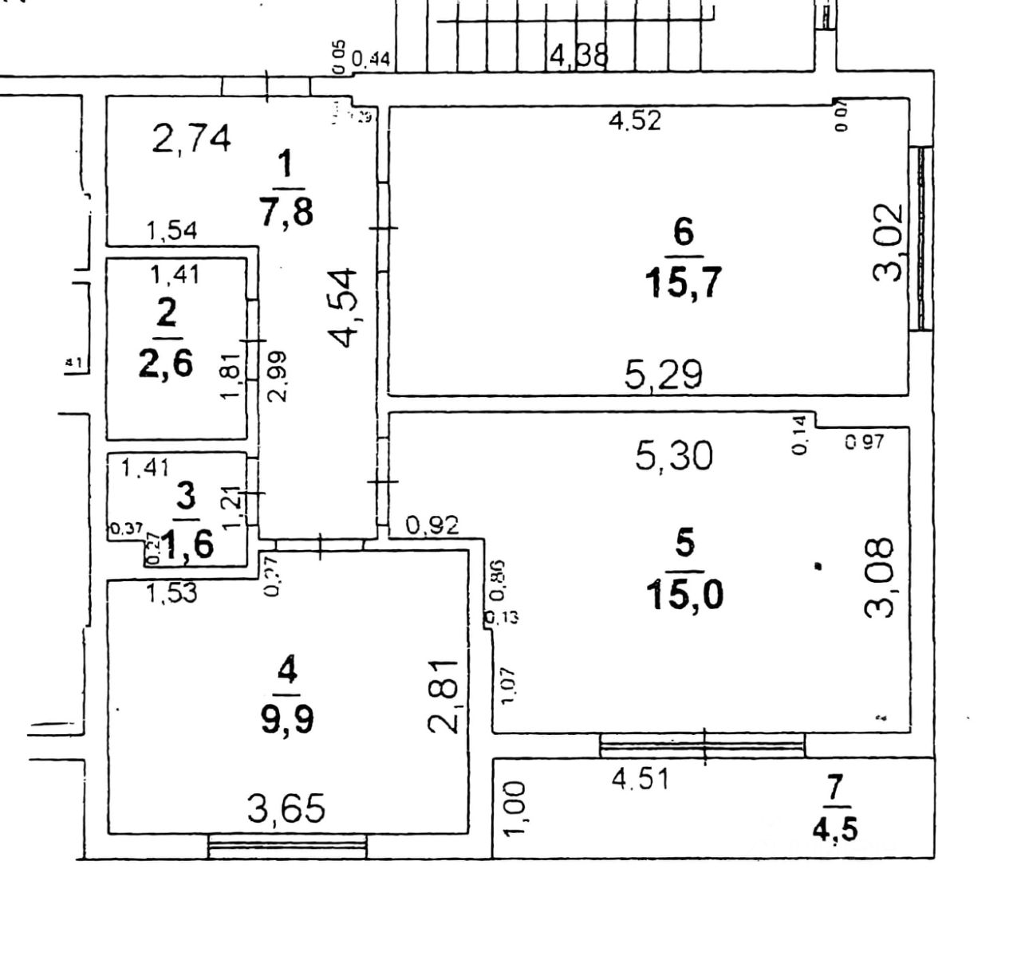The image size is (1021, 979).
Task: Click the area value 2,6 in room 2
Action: tap(165, 364)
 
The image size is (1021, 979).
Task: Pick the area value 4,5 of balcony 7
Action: tap(834, 830)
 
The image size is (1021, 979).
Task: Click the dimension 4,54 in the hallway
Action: tap(346, 307)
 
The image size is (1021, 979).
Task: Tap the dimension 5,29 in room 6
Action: tap(663, 373)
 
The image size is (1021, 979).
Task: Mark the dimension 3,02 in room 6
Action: tap(888, 242)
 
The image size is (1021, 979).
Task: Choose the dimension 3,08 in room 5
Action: tap(880, 578)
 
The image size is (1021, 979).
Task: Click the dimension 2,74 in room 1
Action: tap(191, 138)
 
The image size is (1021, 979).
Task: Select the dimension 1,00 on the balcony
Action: tap(515, 808)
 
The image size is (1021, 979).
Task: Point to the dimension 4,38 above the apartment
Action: tap(579, 56)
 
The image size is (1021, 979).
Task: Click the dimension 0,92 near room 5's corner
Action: tap(432, 525)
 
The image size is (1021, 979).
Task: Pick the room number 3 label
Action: tap(185, 497)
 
